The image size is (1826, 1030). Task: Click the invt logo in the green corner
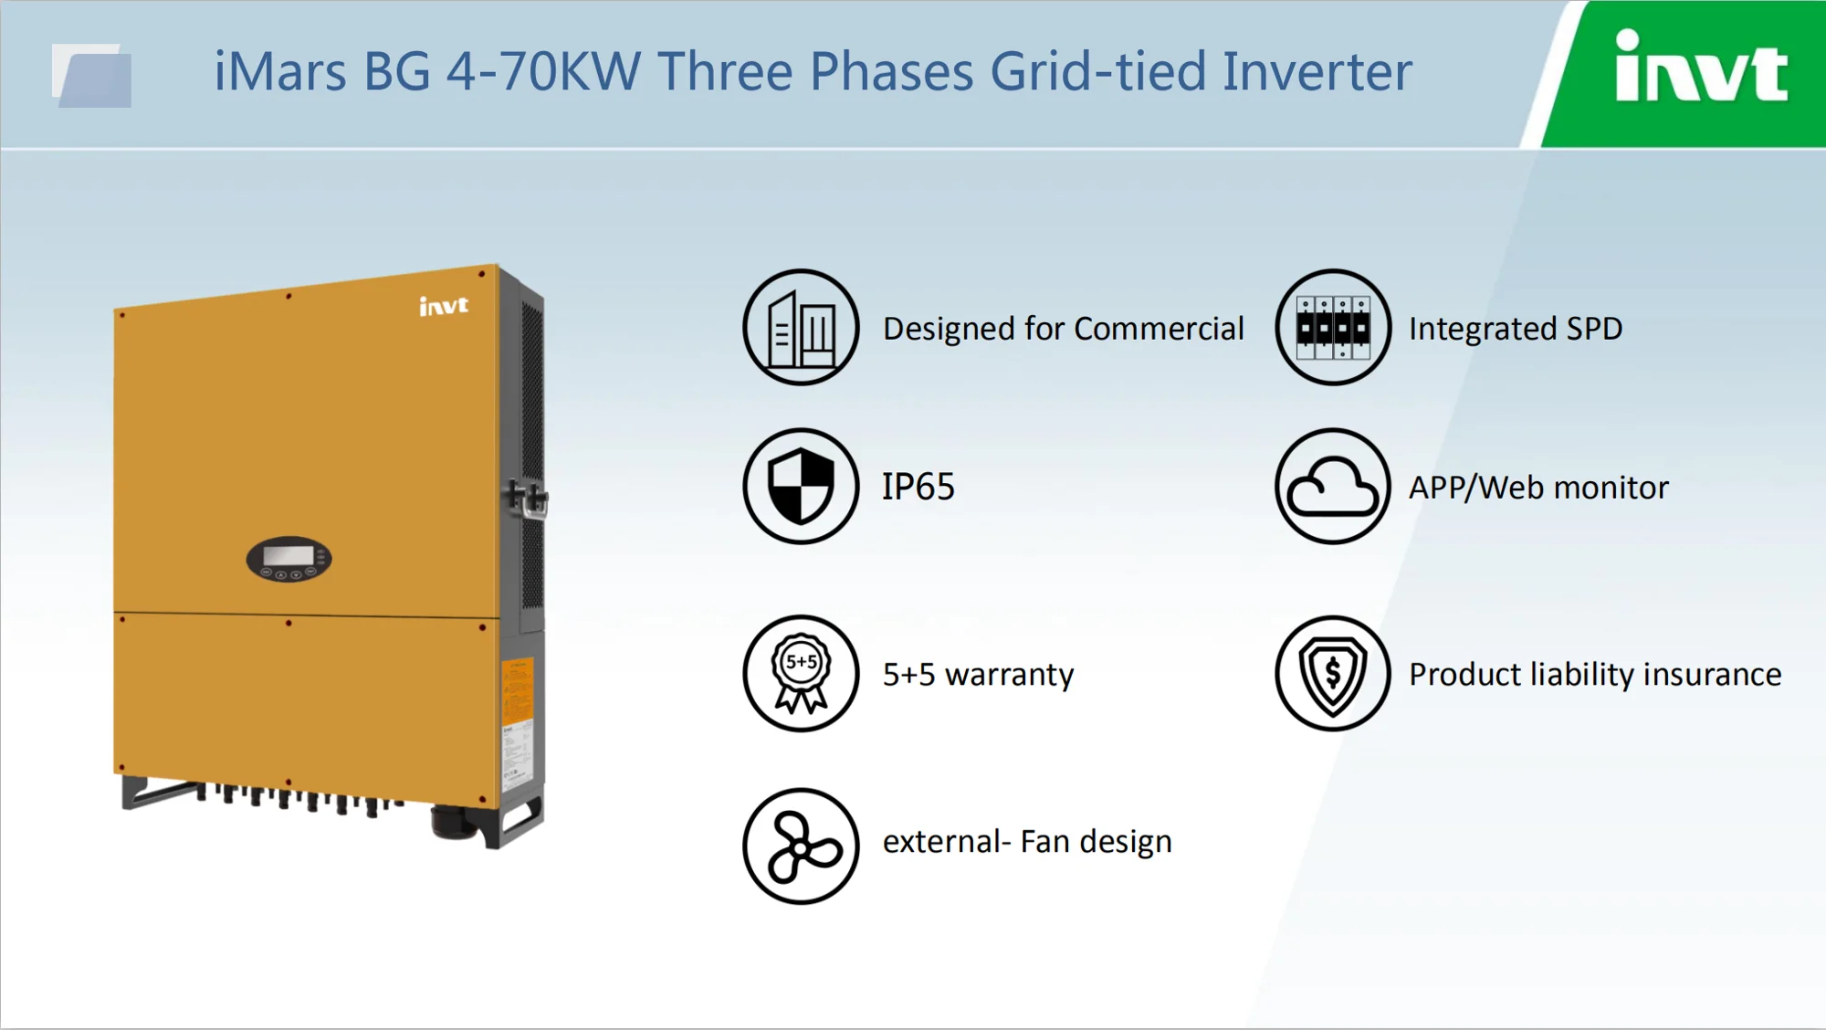pos(1700,68)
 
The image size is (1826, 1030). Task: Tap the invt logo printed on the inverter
pos(444,306)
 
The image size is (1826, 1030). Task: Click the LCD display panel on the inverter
pos(289,555)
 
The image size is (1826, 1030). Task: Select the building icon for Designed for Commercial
pos(801,327)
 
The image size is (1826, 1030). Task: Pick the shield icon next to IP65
pos(801,487)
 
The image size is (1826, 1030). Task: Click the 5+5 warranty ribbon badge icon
pos(801,673)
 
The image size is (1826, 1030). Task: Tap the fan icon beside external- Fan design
pos(801,846)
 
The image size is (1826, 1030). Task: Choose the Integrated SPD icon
pos(1333,327)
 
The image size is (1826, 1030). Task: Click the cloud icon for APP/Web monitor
pos(1333,487)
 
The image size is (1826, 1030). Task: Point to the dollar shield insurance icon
pos(1333,673)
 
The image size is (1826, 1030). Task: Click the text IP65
pos(918,487)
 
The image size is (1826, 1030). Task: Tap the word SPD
pos(1594,329)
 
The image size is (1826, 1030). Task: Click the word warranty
pos(1009,675)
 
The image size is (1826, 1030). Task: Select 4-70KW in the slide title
pos(543,72)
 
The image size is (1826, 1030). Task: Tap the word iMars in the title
pos(280,72)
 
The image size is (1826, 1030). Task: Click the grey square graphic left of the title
pos(92,76)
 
